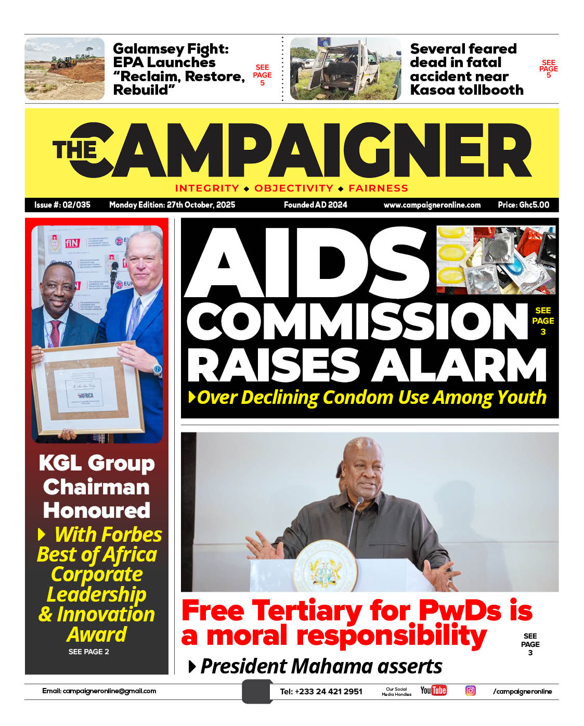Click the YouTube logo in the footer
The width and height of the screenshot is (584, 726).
433,691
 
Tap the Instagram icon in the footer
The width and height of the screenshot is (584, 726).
470,691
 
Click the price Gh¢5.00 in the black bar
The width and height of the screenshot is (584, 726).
523,205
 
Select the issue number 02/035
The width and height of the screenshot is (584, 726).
76,205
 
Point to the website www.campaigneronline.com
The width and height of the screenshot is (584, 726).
432,205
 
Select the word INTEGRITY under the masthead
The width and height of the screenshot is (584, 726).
207,188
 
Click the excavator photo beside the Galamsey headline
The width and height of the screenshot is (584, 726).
64,68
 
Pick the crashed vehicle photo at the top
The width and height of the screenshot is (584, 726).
345,68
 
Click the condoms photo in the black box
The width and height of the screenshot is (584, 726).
496,260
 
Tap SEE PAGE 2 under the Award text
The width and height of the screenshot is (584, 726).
89,652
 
